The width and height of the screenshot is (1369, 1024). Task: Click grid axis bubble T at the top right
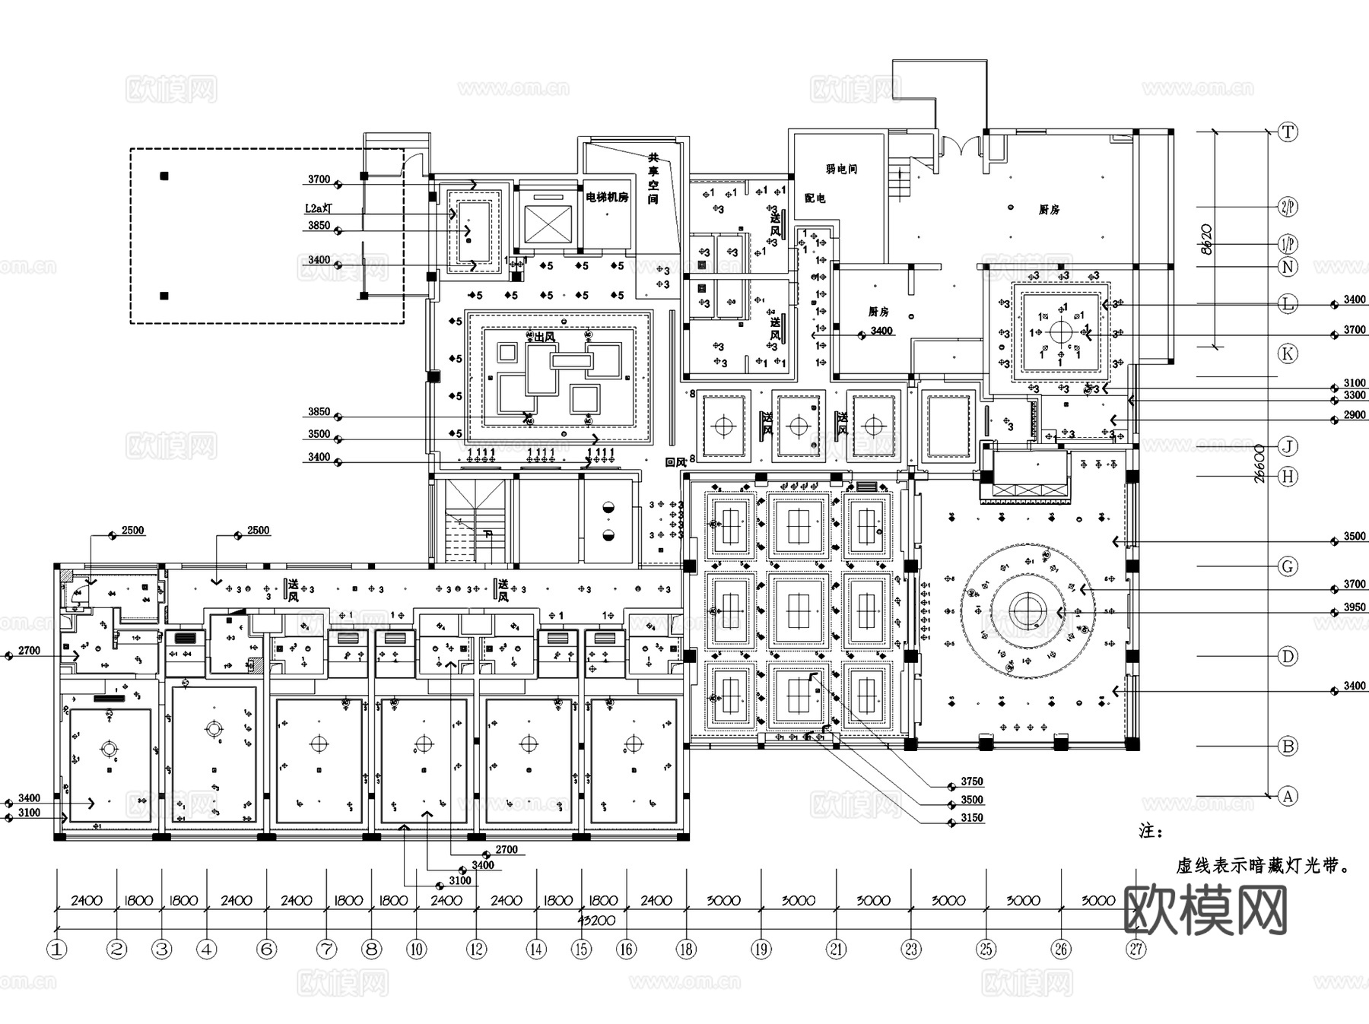(1288, 132)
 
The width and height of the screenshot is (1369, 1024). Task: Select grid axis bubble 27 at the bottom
(1136, 949)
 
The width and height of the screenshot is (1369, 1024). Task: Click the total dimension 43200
(596, 921)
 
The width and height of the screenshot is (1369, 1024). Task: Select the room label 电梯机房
(607, 197)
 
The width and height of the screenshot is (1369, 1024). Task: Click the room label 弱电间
(841, 169)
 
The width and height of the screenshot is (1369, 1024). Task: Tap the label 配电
(815, 198)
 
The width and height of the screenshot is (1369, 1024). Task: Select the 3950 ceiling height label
(1355, 608)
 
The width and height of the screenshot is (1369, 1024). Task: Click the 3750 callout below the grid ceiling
(972, 781)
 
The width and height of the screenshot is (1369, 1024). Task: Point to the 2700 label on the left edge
(29, 651)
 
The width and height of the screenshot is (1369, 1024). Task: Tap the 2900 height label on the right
(1355, 415)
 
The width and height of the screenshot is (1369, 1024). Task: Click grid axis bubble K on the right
(1288, 353)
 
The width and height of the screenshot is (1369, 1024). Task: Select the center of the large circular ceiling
(1028, 611)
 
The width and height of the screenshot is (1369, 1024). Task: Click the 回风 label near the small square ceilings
(675, 461)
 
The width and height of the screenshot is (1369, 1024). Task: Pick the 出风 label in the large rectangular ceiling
(544, 337)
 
